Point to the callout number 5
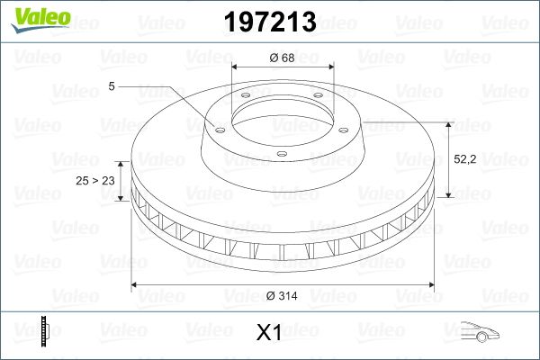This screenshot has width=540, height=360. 110,85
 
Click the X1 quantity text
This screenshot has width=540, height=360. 269,333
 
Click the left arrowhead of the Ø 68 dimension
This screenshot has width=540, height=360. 236,67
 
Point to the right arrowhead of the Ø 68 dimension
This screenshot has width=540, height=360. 331,67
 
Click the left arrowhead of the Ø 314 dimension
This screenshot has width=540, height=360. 136,285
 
